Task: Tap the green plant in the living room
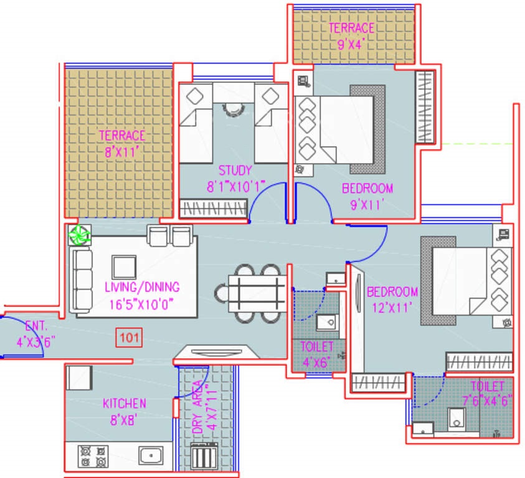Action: click(x=80, y=235)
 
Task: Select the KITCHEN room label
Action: click(x=125, y=404)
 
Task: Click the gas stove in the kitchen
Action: click(x=92, y=456)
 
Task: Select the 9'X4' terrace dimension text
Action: click(x=352, y=44)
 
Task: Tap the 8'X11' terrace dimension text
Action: click(x=121, y=149)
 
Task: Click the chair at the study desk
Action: click(x=233, y=108)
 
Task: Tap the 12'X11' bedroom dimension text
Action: click(x=392, y=306)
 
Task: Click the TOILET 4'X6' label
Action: click(x=316, y=352)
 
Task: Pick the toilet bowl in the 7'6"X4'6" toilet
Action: click(x=457, y=420)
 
